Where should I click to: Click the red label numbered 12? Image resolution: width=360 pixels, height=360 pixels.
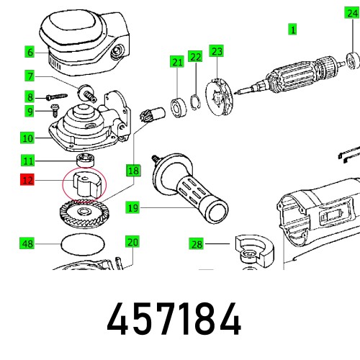click(x=27, y=181)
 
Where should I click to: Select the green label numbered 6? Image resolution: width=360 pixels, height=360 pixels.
click(x=30, y=52)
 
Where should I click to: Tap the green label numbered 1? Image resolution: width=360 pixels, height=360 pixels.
click(x=292, y=30)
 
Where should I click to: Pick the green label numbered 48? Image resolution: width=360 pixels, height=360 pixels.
click(x=27, y=244)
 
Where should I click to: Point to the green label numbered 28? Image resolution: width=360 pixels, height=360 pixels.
click(x=197, y=245)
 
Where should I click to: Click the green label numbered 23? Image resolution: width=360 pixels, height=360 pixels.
click(x=217, y=50)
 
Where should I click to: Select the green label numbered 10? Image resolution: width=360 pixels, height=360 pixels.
click(x=27, y=137)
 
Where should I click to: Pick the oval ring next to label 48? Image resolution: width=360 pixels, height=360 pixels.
click(x=81, y=245)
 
